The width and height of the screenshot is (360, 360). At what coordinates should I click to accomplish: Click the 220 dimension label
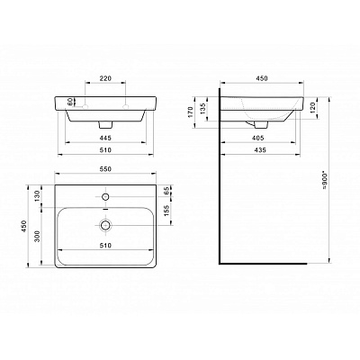pyautogui.click(x=105, y=78)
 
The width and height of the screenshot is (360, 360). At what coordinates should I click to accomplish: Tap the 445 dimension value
pyautogui.click(x=105, y=138)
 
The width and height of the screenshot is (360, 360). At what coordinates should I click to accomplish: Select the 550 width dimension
pyautogui.click(x=105, y=169)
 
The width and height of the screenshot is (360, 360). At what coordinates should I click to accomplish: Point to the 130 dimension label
pyautogui.click(x=37, y=196)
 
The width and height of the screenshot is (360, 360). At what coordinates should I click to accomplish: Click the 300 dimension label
pyautogui.click(x=37, y=238)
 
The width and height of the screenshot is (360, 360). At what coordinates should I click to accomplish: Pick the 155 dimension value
pyautogui.click(x=167, y=211)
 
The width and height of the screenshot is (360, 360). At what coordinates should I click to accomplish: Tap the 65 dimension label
pyautogui.click(x=167, y=191)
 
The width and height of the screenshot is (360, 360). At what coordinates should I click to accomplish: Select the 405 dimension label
pyautogui.click(x=258, y=138)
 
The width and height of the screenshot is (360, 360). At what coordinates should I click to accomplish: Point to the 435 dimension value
pyautogui.click(x=260, y=150)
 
